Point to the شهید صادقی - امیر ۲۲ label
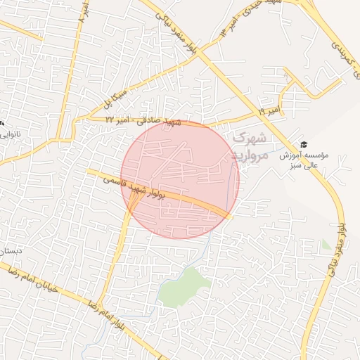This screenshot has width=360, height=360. [x=143, y=122]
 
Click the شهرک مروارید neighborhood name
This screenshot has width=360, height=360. [x=248, y=146]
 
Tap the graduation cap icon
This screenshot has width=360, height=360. [x=304, y=144]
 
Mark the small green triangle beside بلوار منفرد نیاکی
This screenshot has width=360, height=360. [x=326, y=246]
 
